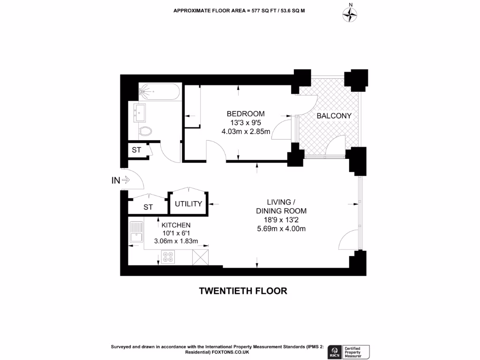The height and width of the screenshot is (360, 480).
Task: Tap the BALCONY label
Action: pos(334,116)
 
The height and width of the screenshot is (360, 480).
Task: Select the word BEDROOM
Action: pos(245,114)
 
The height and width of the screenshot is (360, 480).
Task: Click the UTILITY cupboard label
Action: pos(188,204)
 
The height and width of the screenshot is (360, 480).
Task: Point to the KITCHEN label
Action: pos(176,225)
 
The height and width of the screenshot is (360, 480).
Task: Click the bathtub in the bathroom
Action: pos(159,92)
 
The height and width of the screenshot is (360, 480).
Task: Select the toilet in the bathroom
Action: pos(145,131)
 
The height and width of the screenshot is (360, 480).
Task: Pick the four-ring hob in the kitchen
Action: pos(168,256)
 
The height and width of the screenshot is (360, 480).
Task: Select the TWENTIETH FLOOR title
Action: pos(243,291)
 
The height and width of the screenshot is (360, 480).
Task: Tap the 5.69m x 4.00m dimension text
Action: pos(281,229)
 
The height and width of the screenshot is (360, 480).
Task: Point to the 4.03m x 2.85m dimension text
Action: pos(246,131)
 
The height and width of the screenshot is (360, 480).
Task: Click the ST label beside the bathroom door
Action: pos(136,150)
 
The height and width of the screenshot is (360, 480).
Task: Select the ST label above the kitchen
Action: pos(148,207)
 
